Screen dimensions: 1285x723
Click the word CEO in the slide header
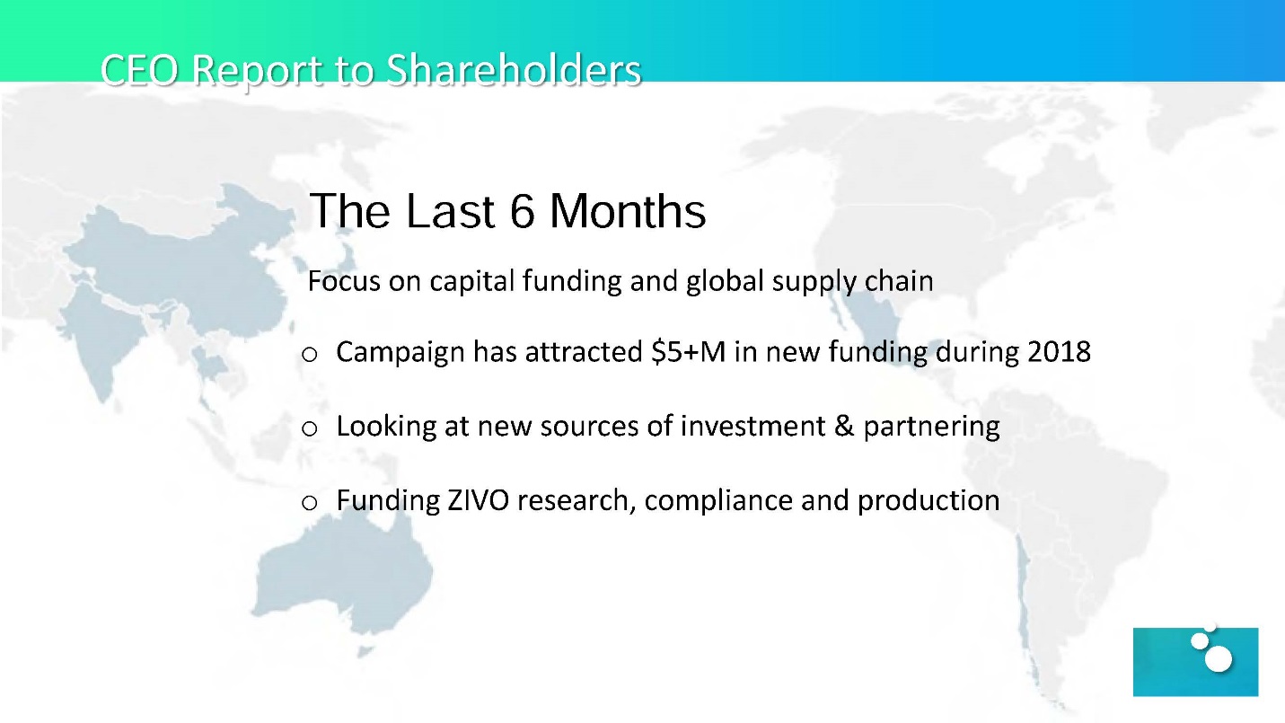click(139, 70)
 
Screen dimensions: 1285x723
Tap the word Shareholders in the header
click(514, 70)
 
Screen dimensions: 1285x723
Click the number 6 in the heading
click(522, 211)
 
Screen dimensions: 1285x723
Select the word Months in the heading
click(628, 211)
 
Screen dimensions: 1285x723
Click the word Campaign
click(400, 353)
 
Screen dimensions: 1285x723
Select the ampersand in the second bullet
click(844, 427)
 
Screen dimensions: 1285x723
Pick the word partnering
click(931, 428)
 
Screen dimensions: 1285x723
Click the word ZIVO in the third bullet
click(478, 500)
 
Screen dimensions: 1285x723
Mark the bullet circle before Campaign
click(309, 355)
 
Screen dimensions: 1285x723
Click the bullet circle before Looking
click(309, 428)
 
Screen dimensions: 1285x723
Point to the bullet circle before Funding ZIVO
click(309, 503)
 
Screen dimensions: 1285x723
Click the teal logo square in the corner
click(1195, 662)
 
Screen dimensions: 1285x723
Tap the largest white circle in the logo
click(1219, 659)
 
